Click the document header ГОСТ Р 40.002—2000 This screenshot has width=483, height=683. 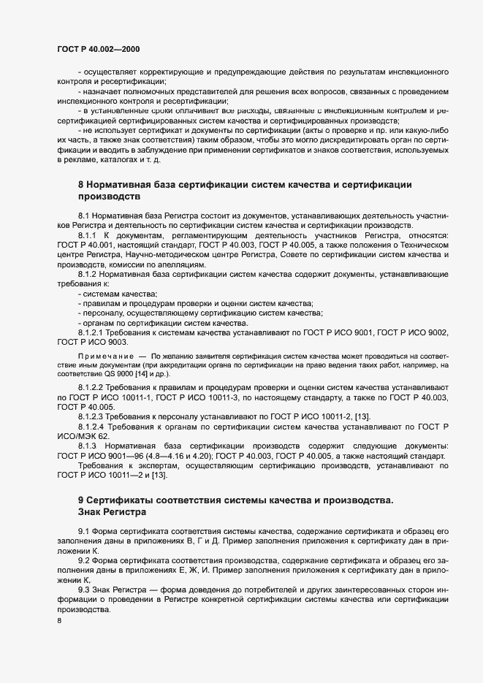98,48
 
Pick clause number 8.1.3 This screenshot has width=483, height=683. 88,446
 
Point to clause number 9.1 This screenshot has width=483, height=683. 83,530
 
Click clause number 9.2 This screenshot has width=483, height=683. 83,559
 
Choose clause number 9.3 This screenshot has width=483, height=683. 83,587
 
